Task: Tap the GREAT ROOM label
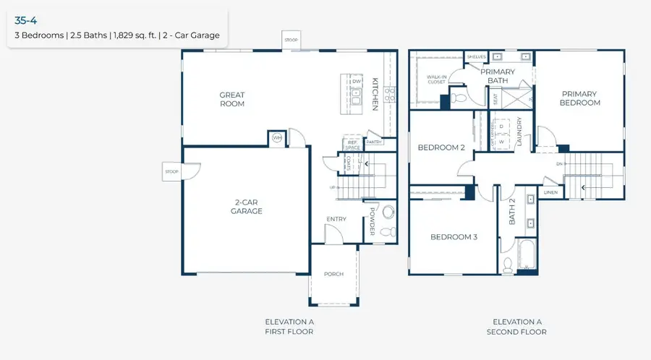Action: click(x=232, y=99)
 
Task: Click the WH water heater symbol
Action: click(x=277, y=138)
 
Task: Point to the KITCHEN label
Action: click(x=375, y=94)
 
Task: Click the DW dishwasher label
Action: click(x=357, y=82)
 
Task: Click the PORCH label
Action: click(x=333, y=274)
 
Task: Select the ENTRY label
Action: click(x=336, y=219)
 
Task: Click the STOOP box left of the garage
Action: click(x=171, y=172)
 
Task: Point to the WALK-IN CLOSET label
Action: click(x=436, y=79)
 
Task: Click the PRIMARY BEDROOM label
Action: click(x=581, y=98)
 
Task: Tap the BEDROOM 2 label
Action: click(x=441, y=147)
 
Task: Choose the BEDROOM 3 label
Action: click(x=454, y=236)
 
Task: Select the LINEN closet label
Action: click(x=551, y=192)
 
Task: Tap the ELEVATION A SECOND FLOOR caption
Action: click(x=517, y=327)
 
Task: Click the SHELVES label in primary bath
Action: click(x=476, y=56)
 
